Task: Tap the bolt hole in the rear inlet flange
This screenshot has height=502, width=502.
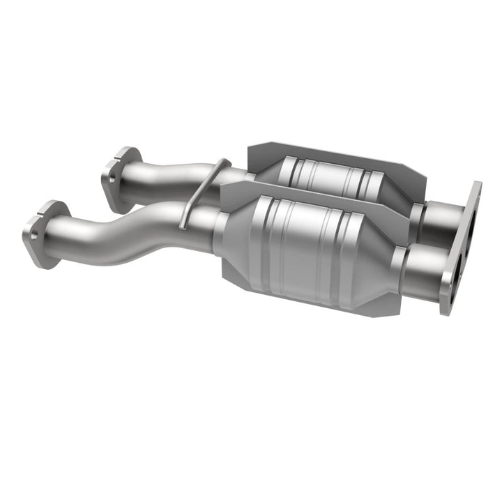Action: click(112, 178)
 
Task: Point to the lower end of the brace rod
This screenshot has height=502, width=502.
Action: click(183, 225)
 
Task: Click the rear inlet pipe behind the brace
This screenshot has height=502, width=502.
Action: click(174, 174)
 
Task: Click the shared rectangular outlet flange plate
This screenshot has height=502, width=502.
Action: click(460, 244)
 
